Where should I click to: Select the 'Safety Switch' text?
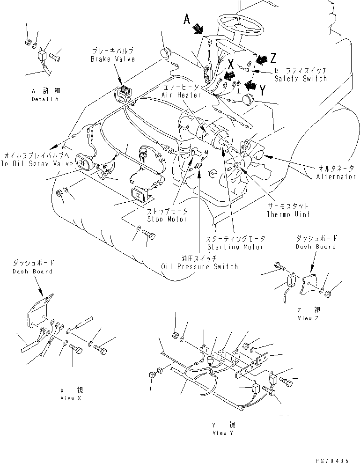tap(301, 79)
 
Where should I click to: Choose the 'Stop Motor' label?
tap(167, 219)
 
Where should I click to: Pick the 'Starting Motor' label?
tap(235, 247)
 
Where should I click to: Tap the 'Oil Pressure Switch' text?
tap(199, 266)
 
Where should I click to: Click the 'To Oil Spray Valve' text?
tap(37, 163)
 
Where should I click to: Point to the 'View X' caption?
tap(71, 398)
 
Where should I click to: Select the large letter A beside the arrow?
tap(187, 19)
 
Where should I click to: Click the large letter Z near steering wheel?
tap(273, 58)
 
